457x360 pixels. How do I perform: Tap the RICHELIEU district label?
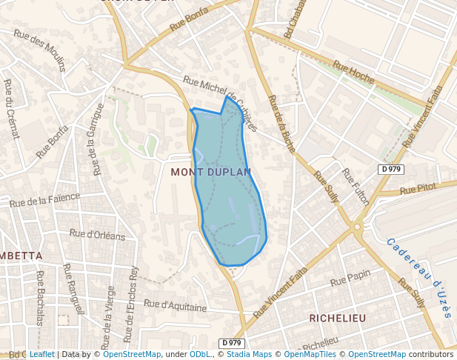click(x=337, y=318)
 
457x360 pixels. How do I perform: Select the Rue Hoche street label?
click(x=354, y=72)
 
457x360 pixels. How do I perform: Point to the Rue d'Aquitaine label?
click(x=175, y=304)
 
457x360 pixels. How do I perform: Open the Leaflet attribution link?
click(x=41, y=355)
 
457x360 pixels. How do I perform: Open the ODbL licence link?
click(x=200, y=355)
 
